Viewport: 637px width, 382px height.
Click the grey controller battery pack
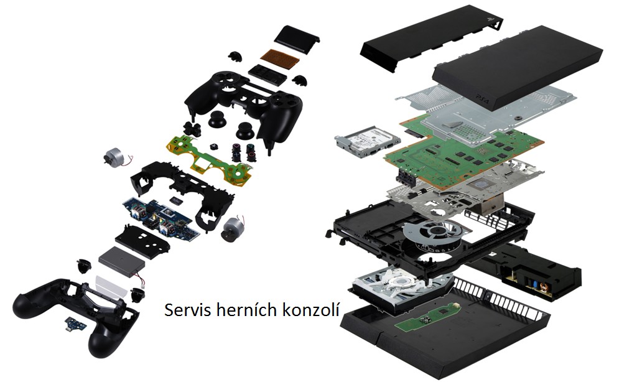click(x=123, y=262)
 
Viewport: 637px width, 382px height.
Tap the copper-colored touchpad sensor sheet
click(x=280, y=58)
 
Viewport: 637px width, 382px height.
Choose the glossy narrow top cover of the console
click(x=432, y=38)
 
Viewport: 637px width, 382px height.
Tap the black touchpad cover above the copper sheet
click(x=297, y=39)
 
